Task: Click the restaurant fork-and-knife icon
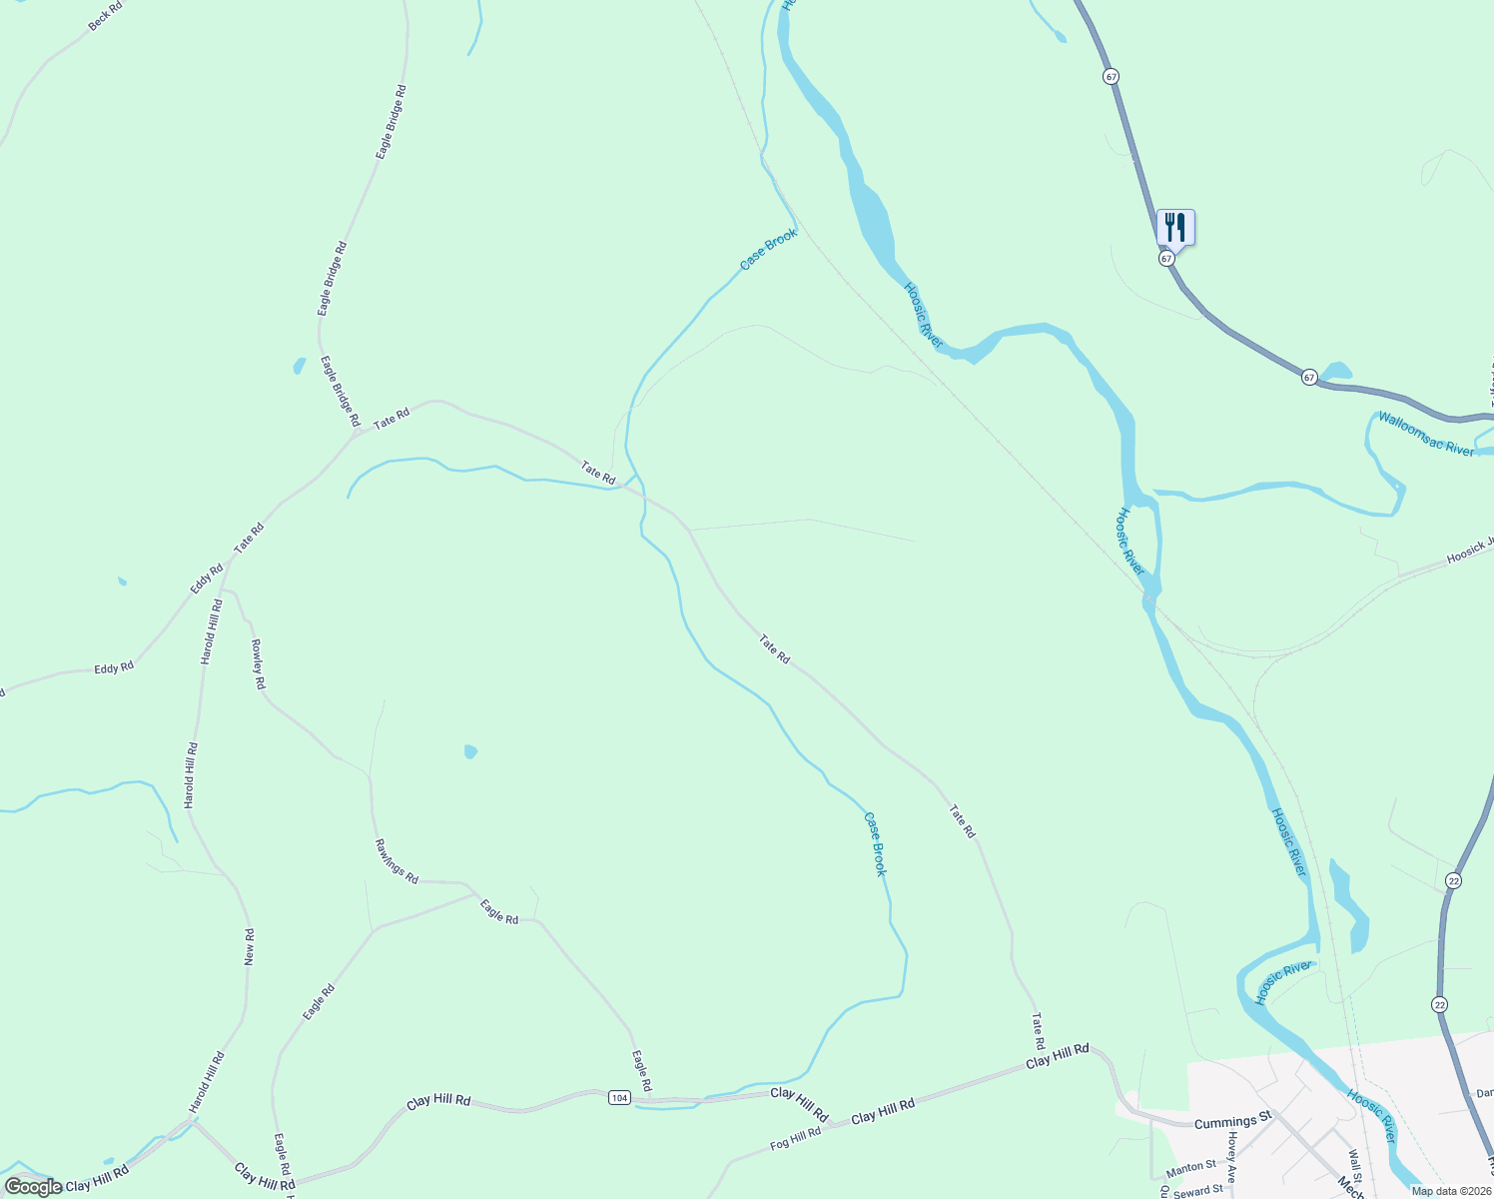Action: point(1175,227)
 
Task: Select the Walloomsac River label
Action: point(1426,435)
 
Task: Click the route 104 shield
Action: point(619,1098)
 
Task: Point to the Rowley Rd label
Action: point(258,663)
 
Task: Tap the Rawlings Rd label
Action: point(396,860)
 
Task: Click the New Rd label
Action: point(250,946)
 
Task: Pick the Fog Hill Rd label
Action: point(795,1138)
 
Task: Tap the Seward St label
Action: point(1198,1190)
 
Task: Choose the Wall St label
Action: point(1355,1164)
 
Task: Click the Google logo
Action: point(34,1187)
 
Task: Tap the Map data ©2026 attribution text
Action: point(1451,1191)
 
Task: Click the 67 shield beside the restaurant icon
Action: point(1166,258)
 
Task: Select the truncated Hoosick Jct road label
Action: point(1470,551)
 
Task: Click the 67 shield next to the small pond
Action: point(1309,377)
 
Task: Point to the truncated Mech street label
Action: point(1350,1189)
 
